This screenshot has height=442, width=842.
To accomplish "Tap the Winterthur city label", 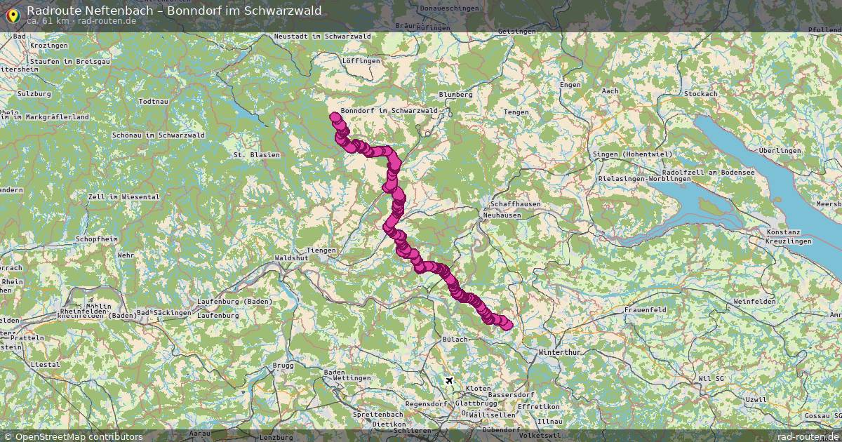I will tap(559, 352).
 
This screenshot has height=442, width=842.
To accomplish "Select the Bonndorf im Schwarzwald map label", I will tap(389, 111).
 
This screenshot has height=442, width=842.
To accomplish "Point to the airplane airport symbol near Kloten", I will tap(449, 380).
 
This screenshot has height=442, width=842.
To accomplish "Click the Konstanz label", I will tap(784, 232).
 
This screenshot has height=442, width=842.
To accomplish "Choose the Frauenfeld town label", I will tap(644, 309).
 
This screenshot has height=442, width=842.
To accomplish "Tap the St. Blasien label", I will tap(257, 154).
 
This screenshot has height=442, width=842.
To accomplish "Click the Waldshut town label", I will tap(292, 258).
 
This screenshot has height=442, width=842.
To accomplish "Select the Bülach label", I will tap(455, 339).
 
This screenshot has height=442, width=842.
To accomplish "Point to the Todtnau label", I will tap(154, 102).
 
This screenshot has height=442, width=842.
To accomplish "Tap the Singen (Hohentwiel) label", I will tap(631, 154).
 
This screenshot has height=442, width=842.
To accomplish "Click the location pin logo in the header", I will tap(13, 13).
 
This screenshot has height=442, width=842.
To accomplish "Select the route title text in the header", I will tap(174, 11).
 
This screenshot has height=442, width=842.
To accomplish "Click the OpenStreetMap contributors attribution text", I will tap(79, 436).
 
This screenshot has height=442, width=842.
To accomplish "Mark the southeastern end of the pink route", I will tap(507, 324).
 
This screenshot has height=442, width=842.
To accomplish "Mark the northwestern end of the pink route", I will tap(335, 116).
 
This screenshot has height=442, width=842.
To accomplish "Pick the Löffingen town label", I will tap(361, 61).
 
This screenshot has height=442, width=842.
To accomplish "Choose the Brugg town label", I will tap(283, 366).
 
